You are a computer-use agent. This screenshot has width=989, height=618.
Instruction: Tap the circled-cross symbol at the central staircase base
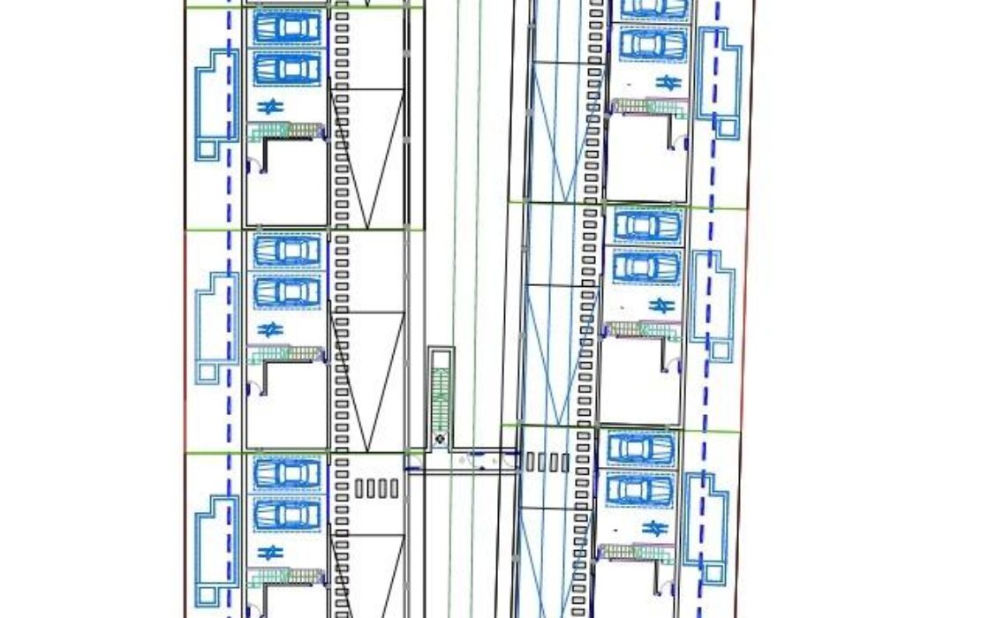click(440, 438)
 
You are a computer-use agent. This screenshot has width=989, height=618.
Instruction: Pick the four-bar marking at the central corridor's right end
click(547, 461)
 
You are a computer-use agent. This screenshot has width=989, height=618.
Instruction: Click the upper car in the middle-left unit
click(286, 250)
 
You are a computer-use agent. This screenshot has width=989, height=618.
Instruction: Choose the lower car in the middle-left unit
click(286, 291)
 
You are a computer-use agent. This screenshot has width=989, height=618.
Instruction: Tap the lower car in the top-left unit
click(286, 67)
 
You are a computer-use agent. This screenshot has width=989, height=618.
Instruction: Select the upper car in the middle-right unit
click(647, 225)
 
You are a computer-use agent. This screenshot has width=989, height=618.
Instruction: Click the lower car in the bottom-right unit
click(640, 490)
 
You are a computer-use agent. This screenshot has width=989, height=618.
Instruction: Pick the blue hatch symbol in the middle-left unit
click(268, 329)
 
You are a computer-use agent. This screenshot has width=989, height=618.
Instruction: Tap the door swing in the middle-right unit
click(678, 359)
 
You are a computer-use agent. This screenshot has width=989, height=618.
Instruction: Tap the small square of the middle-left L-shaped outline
click(208, 372)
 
